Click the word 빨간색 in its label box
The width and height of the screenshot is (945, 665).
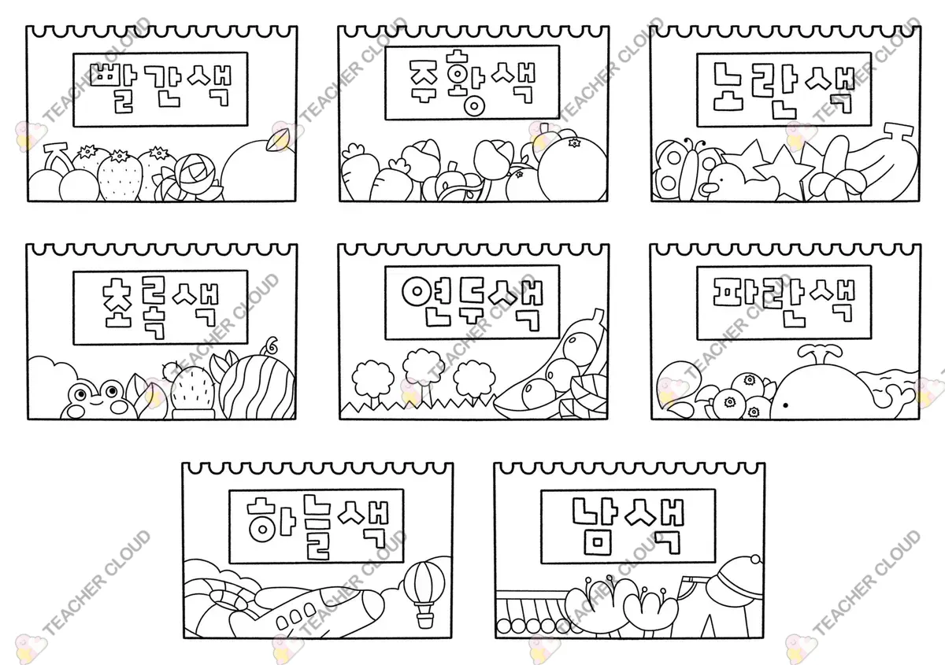(x=161, y=87)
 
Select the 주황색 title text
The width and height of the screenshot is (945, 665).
(x=472, y=82)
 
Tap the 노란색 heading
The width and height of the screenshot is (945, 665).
(x=784, y=90)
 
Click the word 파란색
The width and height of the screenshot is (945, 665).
(x=784, y=302)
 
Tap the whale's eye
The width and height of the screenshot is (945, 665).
(x=785, y=405)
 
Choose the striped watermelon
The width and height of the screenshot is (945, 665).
(x=257, y=387)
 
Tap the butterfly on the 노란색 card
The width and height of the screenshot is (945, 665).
(x=678, y=169)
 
